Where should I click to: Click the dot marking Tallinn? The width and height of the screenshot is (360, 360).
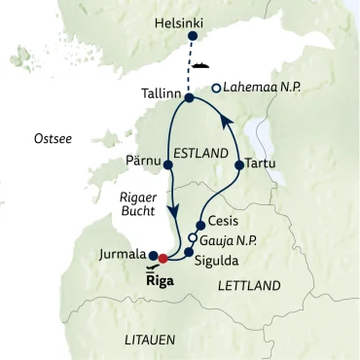(x=189, y=97)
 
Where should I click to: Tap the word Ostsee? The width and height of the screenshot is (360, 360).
(x=49, y=135)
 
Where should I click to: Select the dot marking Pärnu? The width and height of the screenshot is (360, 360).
(x=169, y=164)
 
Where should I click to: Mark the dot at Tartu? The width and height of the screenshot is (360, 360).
(x=239, y=165)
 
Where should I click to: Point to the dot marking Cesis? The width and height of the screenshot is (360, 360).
(x=200, y=224)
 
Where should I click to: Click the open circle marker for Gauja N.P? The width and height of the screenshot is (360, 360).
(x=193, y=237)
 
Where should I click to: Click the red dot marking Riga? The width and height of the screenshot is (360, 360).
(x=163, y=259)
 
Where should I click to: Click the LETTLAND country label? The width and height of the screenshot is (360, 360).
(x=250, y=286)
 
